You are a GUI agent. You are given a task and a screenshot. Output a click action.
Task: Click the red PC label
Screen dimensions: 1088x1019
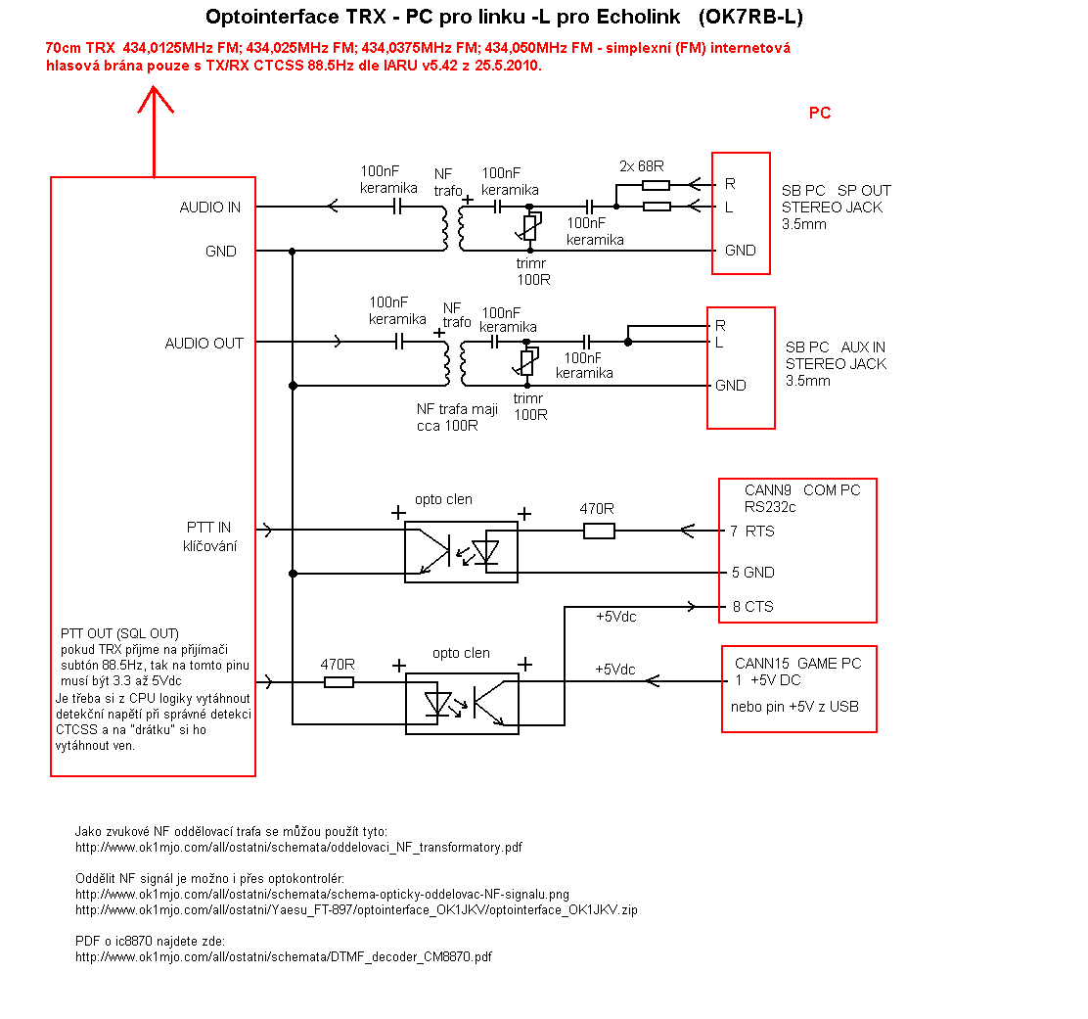tap(820, 113)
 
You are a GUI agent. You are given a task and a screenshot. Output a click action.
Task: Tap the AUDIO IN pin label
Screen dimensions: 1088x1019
tap(209, 207)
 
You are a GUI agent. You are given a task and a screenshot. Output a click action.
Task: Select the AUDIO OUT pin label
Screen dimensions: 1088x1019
tap(204, 343)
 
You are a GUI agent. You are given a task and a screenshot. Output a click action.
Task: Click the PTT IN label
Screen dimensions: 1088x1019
tap(208, 528)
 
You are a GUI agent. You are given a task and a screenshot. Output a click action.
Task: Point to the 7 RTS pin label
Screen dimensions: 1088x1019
tap(752, 531)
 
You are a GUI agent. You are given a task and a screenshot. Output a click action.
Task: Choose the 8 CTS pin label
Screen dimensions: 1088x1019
tap(752, 607)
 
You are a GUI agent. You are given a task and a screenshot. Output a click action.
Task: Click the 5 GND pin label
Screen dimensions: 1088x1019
tap(752, 572)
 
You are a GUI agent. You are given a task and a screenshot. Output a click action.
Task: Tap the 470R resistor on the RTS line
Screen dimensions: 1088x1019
tap(599, 531)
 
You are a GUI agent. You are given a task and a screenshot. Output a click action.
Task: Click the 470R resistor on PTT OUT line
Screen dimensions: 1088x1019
tap(339, 682)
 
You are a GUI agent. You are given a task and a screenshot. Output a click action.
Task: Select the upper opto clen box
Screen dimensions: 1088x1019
tap(461, 522)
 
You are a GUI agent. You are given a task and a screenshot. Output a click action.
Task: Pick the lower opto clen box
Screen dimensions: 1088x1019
tap(462, 673)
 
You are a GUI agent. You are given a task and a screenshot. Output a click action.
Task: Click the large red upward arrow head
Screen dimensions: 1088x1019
tap(155, 99)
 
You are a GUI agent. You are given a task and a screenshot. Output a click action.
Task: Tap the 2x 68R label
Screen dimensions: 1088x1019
tap(641, 165)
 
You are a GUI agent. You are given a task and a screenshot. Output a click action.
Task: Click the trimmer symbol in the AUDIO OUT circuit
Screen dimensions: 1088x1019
tap(528, 361)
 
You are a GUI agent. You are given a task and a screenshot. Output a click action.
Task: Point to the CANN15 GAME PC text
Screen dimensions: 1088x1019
tap(798, 664)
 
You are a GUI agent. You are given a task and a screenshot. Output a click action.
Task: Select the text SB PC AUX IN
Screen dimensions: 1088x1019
tap(836, 347)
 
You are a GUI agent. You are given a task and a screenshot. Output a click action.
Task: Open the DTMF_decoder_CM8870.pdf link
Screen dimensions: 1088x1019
tap(283, 956)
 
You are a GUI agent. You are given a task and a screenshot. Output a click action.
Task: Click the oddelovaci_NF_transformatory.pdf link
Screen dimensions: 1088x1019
tap(298, 847)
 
